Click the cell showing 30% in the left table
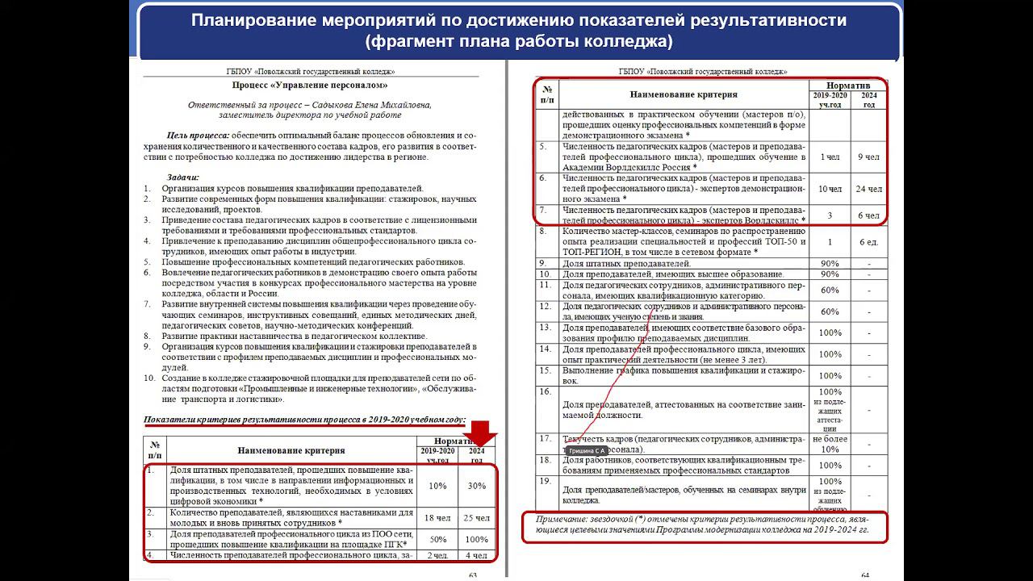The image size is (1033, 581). click(x=476, y=486)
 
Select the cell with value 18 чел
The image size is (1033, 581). click(x=437, y=517)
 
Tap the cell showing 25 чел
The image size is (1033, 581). click(x=476, y=517)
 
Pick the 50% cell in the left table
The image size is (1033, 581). click(x=437, y=539)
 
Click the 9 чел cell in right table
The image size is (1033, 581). click(x=868, y=157)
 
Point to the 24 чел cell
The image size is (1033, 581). click(x=868, y=189)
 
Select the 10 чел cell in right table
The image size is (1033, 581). click(x=829, y=189)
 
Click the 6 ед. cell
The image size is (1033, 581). click(x=868, y=241)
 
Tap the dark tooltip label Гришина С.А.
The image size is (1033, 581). click(x=588, y=450)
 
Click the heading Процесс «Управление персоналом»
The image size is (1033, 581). click(x=310, y=85)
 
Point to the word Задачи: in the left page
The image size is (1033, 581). click(x=183, y=177)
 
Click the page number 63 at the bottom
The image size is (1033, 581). click(x=474, y=575)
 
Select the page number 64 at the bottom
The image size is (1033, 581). click(x=865, y=575)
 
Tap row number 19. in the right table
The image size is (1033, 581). click(x=546, y=481)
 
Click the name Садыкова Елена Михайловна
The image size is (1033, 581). click(x=378, y=104)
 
